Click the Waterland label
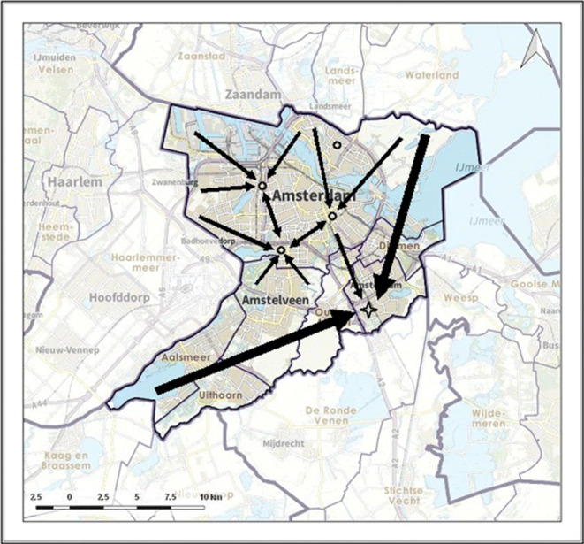(x=433, y=76)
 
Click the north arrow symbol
(x=534, y=51)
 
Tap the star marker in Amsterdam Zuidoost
(x=368, y=309)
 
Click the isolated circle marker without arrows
(x=336, y=144)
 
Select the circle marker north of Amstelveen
(x=281, y=251)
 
